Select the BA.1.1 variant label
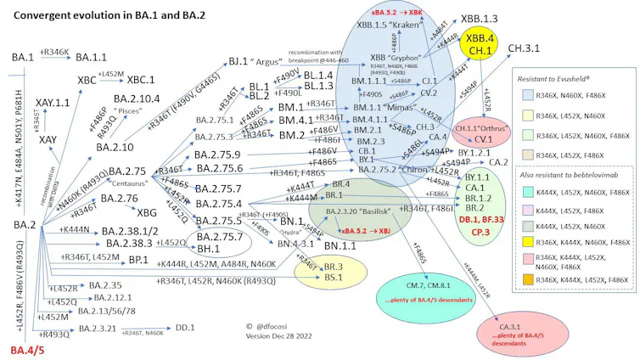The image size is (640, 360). [x=92, y=56]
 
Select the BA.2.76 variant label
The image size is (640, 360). [x=120, y=199]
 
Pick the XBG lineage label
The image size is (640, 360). [x=147, y=212]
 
